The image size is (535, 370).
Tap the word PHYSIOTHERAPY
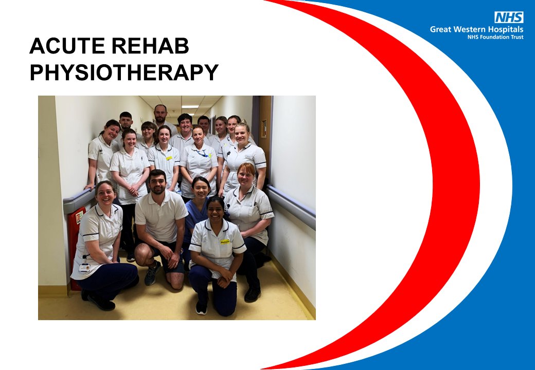(x=124, y=72)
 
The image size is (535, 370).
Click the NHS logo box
(x=509, y=17)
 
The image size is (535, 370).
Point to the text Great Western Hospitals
(x=477, y=29)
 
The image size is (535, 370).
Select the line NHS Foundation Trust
(x=495, y=37)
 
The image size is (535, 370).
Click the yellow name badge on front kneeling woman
(x=225, y=241)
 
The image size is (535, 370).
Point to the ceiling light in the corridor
(x=190, y=107)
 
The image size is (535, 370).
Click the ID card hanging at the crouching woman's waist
(x=84, y=267)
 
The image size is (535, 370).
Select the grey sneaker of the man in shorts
(x=152, y=273)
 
